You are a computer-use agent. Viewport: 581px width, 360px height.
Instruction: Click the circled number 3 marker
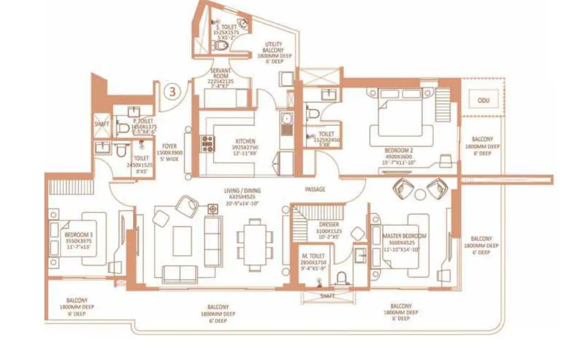[172, 91]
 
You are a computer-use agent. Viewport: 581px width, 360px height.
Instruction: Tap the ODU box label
[483, 100]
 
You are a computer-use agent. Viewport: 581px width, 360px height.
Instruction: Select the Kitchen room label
[246, 141]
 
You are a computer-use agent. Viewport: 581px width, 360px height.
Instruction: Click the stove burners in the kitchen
[207, 144]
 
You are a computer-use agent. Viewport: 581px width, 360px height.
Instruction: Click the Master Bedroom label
[404, 236]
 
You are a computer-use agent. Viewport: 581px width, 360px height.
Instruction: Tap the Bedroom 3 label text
[79, 235]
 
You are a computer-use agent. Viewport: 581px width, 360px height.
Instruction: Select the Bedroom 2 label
[399, 150]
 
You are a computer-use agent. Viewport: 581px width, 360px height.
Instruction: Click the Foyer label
[169, 146]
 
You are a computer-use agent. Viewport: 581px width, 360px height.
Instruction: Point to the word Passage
[315, 189]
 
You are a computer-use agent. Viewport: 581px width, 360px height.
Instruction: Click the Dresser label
[329, 225]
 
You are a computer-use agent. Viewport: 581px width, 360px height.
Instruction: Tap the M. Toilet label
[313, 256]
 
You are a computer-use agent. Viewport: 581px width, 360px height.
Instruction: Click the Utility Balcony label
[274, 47]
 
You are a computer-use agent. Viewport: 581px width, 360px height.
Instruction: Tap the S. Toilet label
[226, 27]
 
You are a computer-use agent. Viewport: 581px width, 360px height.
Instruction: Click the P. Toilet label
[143, 121]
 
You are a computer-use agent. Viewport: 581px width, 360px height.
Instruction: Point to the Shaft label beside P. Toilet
[102, 124]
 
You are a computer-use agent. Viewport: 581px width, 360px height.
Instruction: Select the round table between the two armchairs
[420, 195]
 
